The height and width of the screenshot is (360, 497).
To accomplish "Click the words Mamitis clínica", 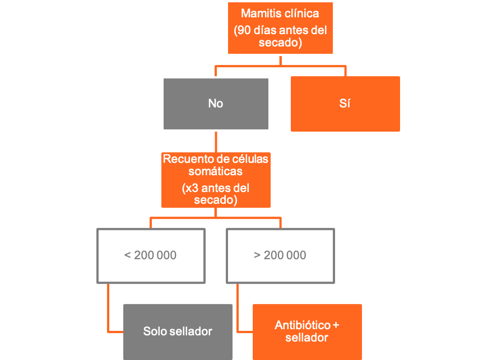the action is point(280,13).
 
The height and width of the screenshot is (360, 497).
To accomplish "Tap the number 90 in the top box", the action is point(244,30).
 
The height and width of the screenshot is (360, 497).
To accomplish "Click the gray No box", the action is point(216,104).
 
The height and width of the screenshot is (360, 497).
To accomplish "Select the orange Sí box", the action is point(345,104).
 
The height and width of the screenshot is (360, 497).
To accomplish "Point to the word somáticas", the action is point(216,171).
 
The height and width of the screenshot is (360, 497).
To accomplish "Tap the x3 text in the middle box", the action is point(192,188).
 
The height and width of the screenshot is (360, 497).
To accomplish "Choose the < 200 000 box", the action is point(151,256).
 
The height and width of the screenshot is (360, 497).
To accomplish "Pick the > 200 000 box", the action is point(281,256).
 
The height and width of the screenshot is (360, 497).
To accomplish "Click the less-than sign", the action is point(127,255).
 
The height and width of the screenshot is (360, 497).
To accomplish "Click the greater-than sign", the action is point(257,255).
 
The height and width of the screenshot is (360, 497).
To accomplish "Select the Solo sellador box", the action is point(178,332).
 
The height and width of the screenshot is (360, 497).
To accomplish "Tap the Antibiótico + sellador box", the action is point(307,332).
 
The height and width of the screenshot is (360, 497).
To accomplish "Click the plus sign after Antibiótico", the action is point(336,325).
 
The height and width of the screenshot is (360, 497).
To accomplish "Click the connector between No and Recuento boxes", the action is point(216,142).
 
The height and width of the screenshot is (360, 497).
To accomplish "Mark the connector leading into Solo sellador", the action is point(108,317).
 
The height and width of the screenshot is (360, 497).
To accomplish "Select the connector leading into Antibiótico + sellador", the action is point(238,317).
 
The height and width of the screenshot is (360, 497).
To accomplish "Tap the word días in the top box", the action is point(263,30).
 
